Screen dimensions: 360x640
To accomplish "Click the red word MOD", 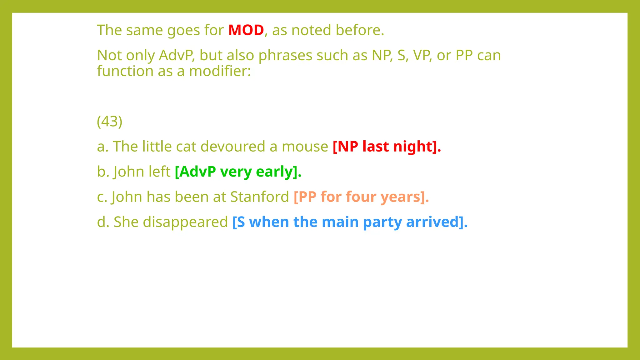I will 246,30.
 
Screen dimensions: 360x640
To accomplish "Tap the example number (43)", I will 109,121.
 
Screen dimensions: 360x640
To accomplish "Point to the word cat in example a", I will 186,147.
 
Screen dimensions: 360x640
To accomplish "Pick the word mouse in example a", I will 305,147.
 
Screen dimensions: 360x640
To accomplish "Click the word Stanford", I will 259,197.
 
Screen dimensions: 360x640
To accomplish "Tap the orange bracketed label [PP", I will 305,197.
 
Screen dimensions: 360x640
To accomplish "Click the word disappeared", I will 185,222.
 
